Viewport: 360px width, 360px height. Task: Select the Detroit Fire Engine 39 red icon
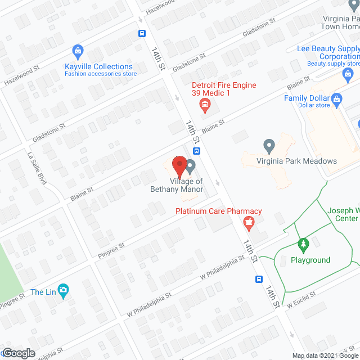point(205,104)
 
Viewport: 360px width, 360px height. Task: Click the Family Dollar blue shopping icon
point(337,102)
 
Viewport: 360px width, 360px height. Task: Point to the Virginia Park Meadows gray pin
point(269,146)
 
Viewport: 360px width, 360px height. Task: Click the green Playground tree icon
point(303,245)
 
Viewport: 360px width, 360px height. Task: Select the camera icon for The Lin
point(64,291)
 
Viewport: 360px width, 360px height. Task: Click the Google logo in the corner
point(19,353)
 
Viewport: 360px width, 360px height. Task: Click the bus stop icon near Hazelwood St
point(141,33)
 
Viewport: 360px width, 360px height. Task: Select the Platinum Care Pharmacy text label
point(219,211)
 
